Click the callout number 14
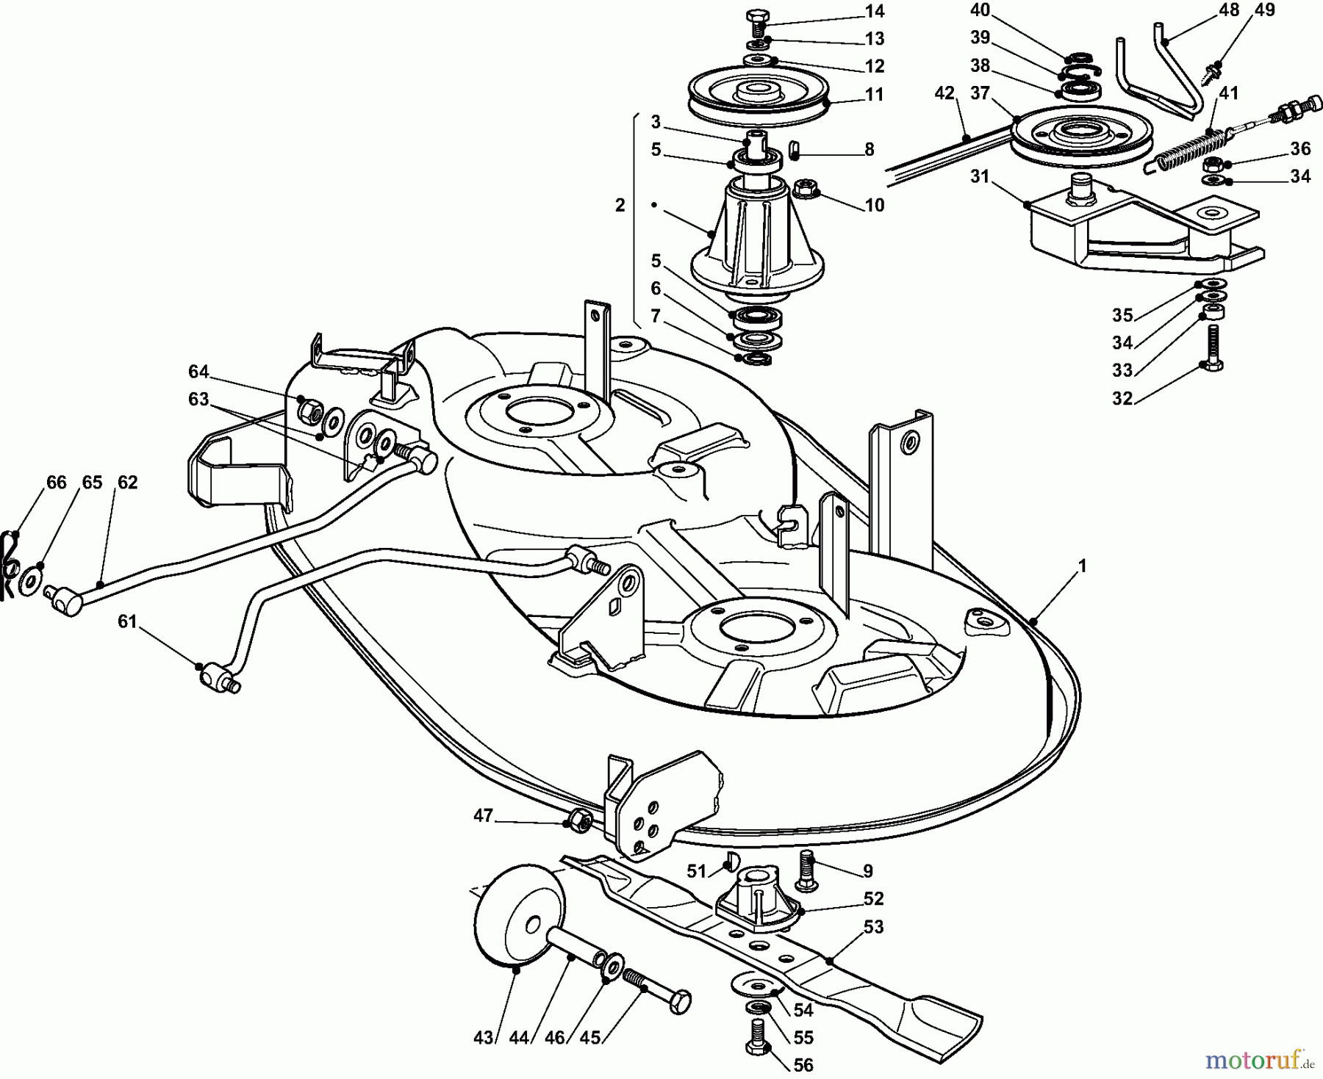[x=875, y=11]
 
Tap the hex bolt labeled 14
[x=756, y=21]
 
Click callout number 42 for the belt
[x=944, y=93]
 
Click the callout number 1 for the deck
[x=1082, y=567]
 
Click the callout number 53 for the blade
[x=873, y=927]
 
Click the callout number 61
[x=128, y=621]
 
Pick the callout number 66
[x=56, y=483]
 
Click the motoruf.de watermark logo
[x=1258, y=1060]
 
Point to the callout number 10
[x=875, y=205]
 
